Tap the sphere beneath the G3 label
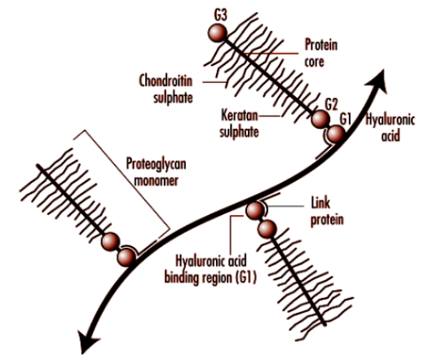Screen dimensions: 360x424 click(215, 33)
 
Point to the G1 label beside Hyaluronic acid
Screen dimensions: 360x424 click(347, 120)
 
